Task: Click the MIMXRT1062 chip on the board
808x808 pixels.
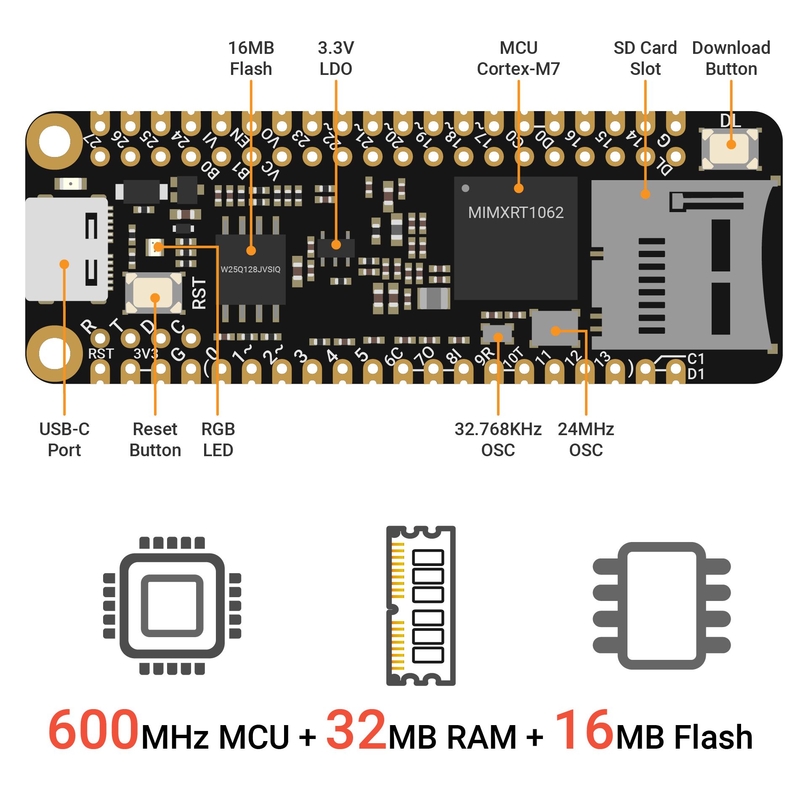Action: pyautogui.click(x=516, y=238)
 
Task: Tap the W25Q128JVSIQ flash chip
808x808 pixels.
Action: pyautogui.click(x=250, y=269)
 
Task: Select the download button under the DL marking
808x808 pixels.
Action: pyautogui.click(x=731, y=149)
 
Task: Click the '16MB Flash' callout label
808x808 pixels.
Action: pyautogui.click(x=251, y=58)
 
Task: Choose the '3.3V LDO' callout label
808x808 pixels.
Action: pyautogui.click(x=336, y=58)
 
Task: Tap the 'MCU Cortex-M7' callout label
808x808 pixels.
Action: pyautogui.click(x=518, y=58)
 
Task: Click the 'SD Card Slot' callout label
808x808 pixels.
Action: pyautogui.click(x=645, y=58)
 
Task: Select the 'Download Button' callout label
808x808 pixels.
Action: pyautogui.click(x=731, y=58)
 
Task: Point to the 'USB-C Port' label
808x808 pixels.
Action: pyautogui.click(x=64, y=440)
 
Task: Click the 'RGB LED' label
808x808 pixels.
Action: pyautogui.click(x=218, y=440)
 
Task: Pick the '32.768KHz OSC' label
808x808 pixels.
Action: pyautogui.click(x=498, y=440)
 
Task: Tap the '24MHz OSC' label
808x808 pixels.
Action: pyautogui.click(x=586, y=440)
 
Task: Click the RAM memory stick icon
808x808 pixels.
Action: pyautogui.click(x=421, y=606)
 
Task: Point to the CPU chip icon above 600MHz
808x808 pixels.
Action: pyautogui.click(x=172, y=606)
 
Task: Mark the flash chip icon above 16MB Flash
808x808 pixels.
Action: pyautogui.click(x=662, y=606)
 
